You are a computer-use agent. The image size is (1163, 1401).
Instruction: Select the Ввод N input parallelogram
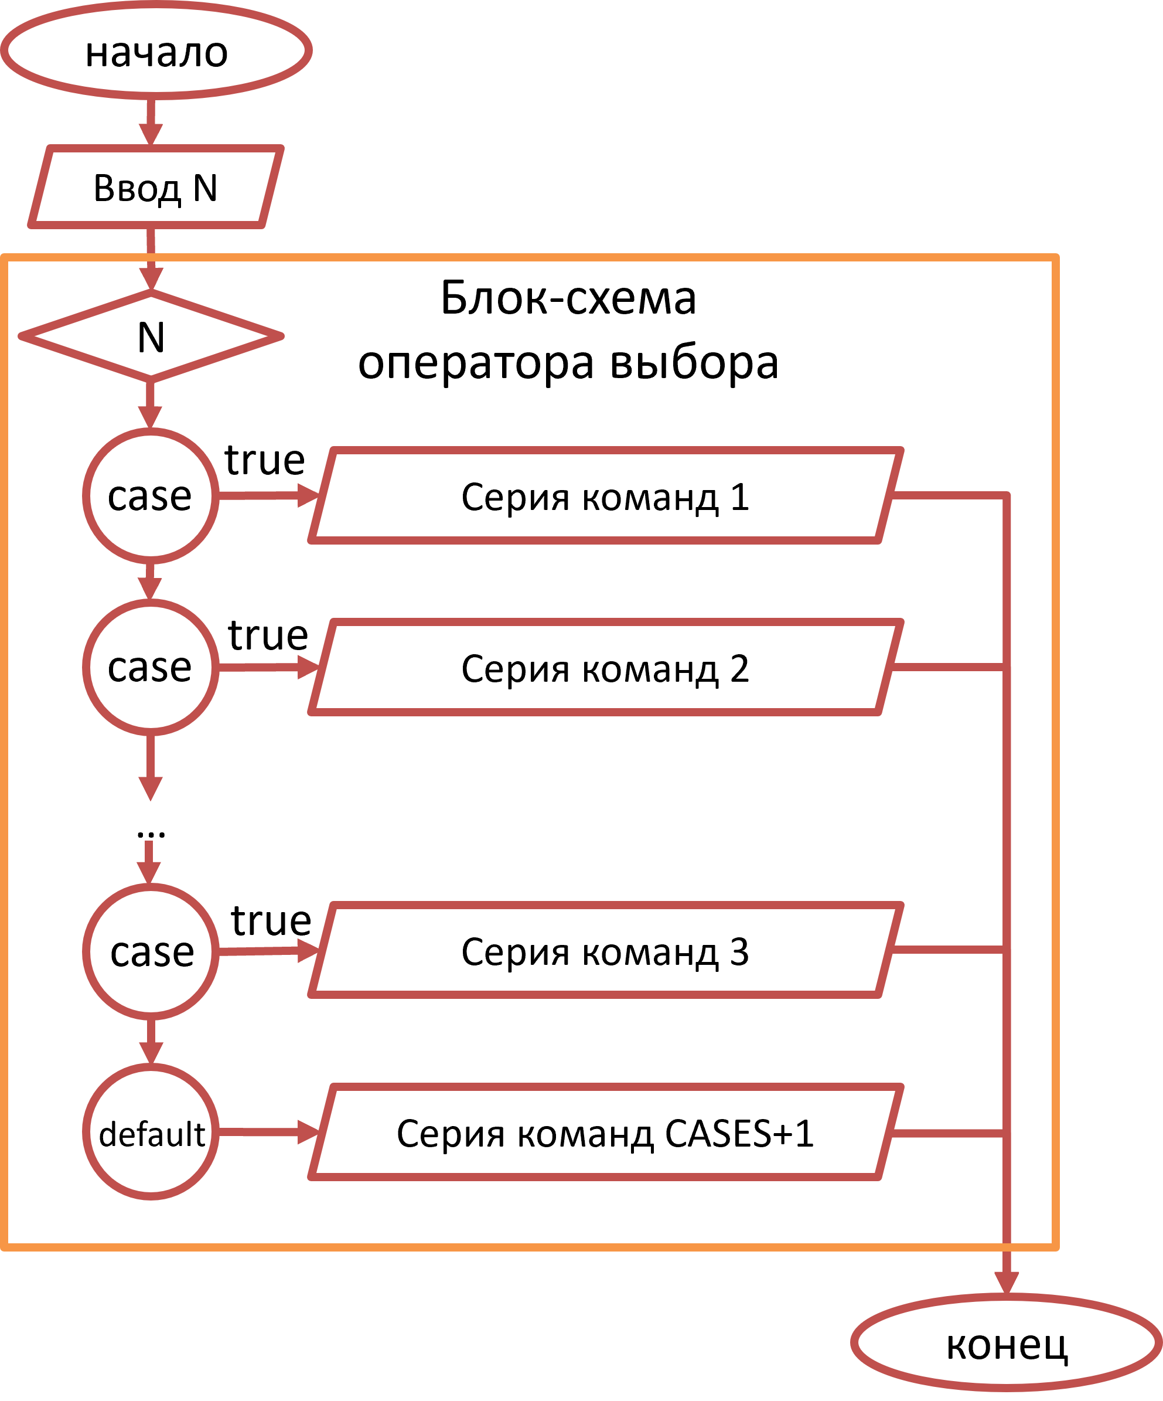point(156,188)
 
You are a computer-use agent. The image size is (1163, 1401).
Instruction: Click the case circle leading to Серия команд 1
point(151,496)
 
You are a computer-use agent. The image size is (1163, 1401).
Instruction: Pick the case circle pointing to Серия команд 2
point(151,667)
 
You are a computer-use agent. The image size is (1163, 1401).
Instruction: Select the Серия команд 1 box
point(605,497)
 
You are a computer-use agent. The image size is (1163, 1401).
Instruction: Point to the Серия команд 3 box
point(605,951)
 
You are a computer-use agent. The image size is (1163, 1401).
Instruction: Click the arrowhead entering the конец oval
point(1007,1281)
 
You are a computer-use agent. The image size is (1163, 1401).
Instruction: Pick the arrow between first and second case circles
point(151,580)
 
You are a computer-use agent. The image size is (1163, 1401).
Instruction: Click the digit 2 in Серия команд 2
point(739,668)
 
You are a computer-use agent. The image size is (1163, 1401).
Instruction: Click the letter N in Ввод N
point(206,188)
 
